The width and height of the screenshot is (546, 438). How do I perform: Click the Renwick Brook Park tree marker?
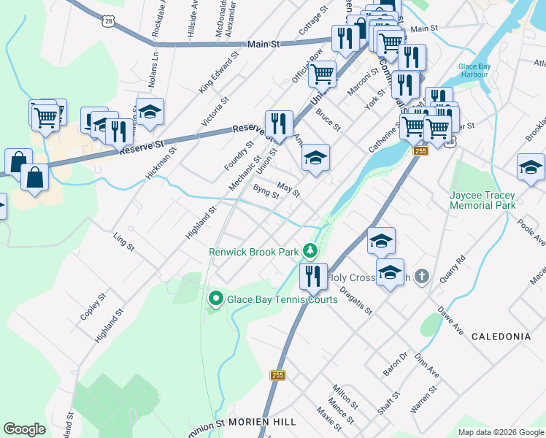[x=311, y=251]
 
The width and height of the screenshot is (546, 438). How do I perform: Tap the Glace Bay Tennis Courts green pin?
[x=216, y=299]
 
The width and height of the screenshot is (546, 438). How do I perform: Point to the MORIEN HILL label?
[x=261, y=423]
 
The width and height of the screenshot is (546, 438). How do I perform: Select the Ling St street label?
[x=124, y=242]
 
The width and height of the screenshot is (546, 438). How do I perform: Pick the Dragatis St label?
[x=355, y=300]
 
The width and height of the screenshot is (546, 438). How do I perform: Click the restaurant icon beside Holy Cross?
[x=313, y=277]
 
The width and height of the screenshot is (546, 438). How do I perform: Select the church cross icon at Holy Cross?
[x=421, y=277]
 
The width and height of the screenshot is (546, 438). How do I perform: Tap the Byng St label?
[x=266, y=191]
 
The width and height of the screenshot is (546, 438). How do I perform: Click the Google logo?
[x=25, y=429]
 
